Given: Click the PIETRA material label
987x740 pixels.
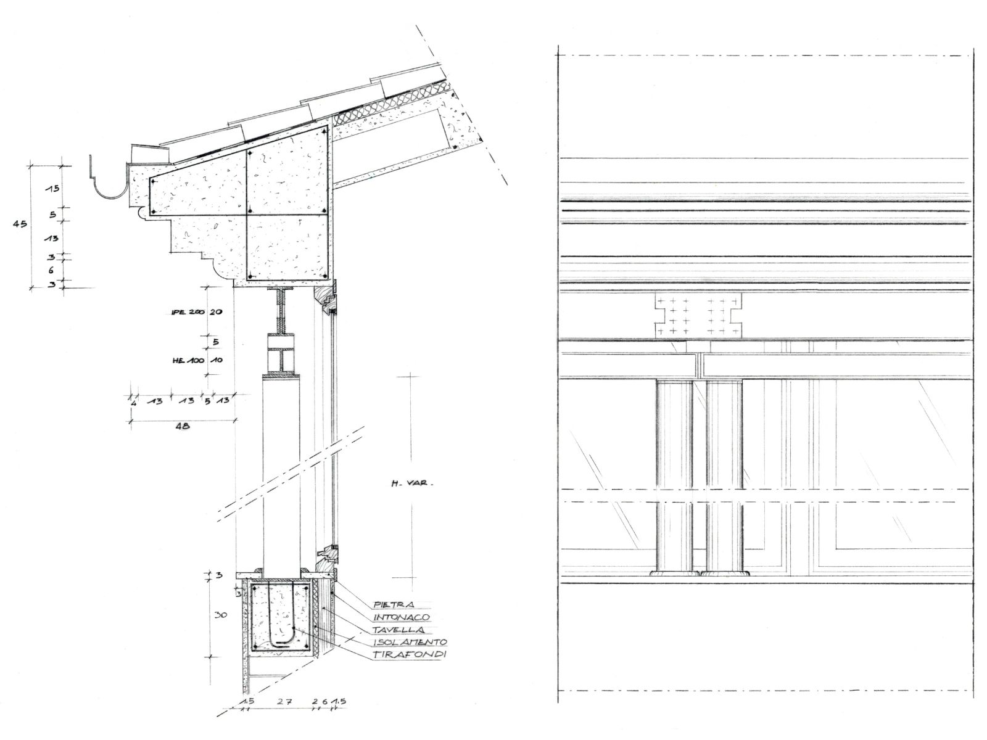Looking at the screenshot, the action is click(x=394, y=605).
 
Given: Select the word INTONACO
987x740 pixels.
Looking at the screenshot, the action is click(x=401, y=617).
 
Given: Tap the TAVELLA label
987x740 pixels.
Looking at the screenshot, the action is click(x=398, y=630).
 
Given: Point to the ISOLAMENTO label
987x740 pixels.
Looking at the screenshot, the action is click(x=409, y=642).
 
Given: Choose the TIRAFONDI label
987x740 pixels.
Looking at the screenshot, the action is click(x=409, y=655).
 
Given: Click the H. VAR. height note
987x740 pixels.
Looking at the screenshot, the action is click(x=411, y=484).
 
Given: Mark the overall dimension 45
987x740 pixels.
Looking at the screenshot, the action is click(x=20, y=224).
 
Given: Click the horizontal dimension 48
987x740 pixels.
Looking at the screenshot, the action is click(x=183, y=425).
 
